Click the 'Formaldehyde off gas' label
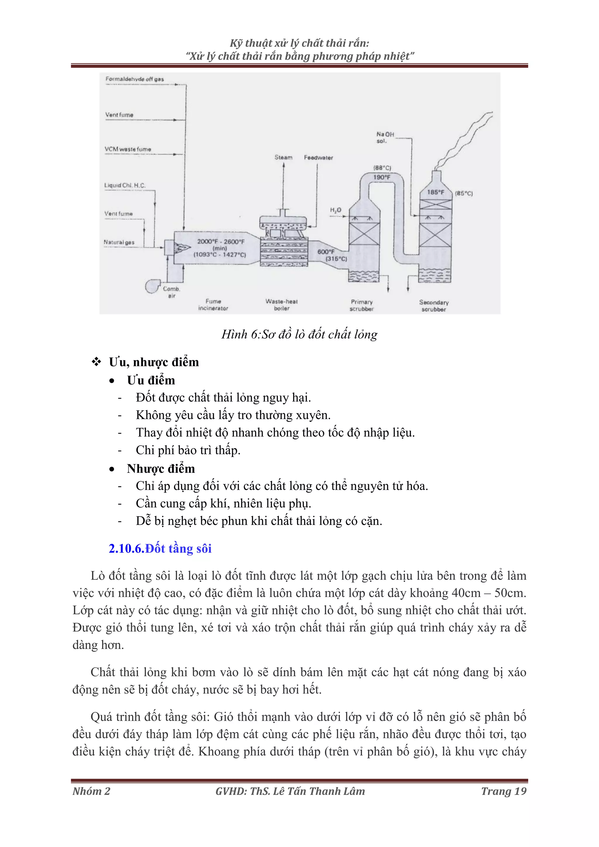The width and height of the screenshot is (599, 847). [x=135, y=79]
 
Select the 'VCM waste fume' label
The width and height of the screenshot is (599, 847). [x=128, y=149]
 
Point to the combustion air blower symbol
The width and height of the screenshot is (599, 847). [x=152, y=286]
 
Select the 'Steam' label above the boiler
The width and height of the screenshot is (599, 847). [x=283, y=158]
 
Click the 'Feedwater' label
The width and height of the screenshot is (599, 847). [x=318, y=158]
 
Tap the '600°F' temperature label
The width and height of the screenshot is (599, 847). [x=326, y=252]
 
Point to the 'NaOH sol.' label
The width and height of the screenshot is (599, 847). [x=385, y=138]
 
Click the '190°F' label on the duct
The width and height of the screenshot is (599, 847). [x=382, y=177]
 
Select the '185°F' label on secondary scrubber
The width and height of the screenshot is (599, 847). [x=436, y=192]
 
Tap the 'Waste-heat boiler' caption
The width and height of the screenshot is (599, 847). [x=282, y=305]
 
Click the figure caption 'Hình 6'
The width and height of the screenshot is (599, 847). [x=299, y=334]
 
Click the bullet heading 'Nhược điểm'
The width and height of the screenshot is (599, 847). [x=161, y=468]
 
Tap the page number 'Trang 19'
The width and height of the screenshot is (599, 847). [x=503, y=791]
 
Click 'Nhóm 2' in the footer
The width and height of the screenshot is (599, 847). [x=91, y=791]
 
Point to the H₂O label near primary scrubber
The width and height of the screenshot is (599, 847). [x=335, y=210]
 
